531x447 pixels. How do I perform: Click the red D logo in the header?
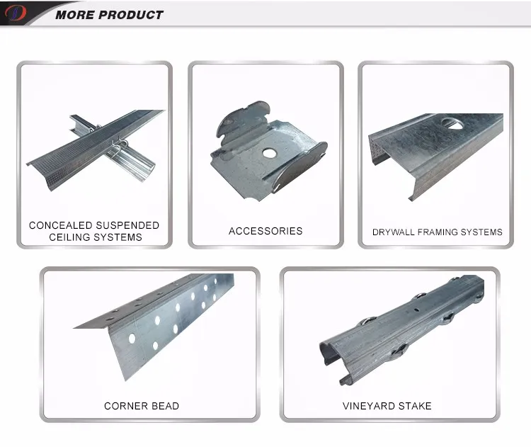(x=16, y=13)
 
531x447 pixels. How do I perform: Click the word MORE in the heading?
(x=75, y=15)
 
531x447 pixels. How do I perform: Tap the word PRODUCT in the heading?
(x=132, y=15)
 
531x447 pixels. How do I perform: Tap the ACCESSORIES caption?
(x=265, y=231)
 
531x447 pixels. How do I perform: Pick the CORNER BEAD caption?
(x=142, y=406)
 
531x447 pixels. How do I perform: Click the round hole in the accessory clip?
(x=269, y=153)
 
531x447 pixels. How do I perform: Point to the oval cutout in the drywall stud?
(x=452, y=123)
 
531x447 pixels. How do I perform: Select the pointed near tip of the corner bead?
(x=74, y=328)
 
